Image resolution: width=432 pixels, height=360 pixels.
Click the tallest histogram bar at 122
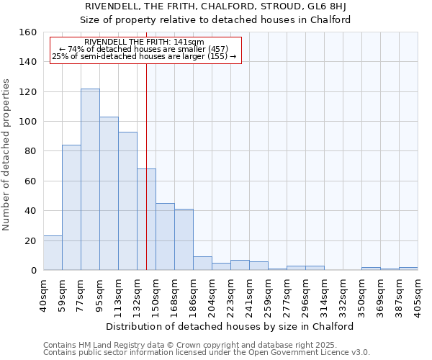click(90, 180)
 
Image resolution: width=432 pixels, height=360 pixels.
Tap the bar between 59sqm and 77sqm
click(71, 208)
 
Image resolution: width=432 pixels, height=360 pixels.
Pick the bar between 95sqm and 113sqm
click(109, 194)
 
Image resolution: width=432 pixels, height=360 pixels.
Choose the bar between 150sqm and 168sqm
click(165, 237)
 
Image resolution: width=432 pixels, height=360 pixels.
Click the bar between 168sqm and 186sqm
click(184, 240)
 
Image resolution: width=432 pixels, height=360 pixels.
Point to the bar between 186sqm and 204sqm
click(202, 264)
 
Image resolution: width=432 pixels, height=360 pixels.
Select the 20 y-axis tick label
click(30, 241)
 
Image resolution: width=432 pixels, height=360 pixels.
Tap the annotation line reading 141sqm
click(144, 42)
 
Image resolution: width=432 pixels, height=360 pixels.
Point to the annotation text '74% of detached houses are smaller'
click(144, 49)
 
